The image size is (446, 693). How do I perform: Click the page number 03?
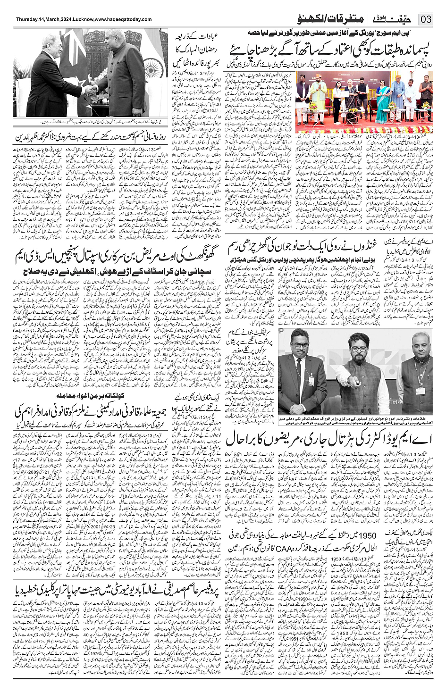(426, 19)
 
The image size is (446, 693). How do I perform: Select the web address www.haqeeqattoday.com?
(123, 19)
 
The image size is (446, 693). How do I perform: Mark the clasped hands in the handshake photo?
(91, 90)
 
